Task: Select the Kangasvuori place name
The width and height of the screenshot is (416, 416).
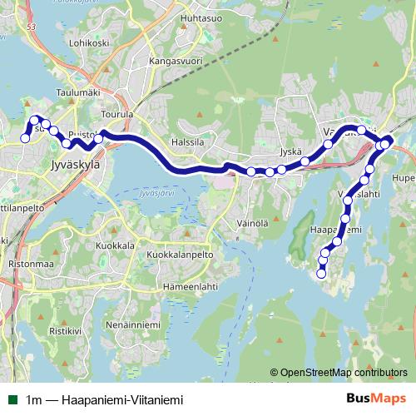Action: tap(175, 61)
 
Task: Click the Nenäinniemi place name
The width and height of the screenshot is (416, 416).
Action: tap(132, 324)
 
